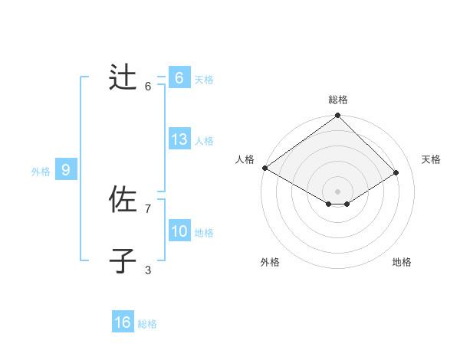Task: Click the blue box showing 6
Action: (x=179, y=78)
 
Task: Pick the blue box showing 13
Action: (x=179, y=139)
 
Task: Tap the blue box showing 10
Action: (x=179, y=231)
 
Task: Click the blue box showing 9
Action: (x=66, y=170)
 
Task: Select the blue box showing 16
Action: (x=123, y=322)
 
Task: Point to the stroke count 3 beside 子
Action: (x=148, y=270)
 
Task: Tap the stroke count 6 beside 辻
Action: (x=148, y=87)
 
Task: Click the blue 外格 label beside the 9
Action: (x=41, y=172)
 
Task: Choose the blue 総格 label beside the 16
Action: (x=147, y=324)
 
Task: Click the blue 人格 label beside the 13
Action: (x=205, y=141)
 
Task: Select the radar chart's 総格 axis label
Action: (x=338, y=100)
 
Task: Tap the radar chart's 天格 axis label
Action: (x=432, y=159)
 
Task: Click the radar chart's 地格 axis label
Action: (x=402, y=262)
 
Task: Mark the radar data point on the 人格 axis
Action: (x=264, y=168)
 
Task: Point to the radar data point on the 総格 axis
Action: (x=337, y=116)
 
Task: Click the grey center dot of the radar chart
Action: (x=337, y=191)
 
